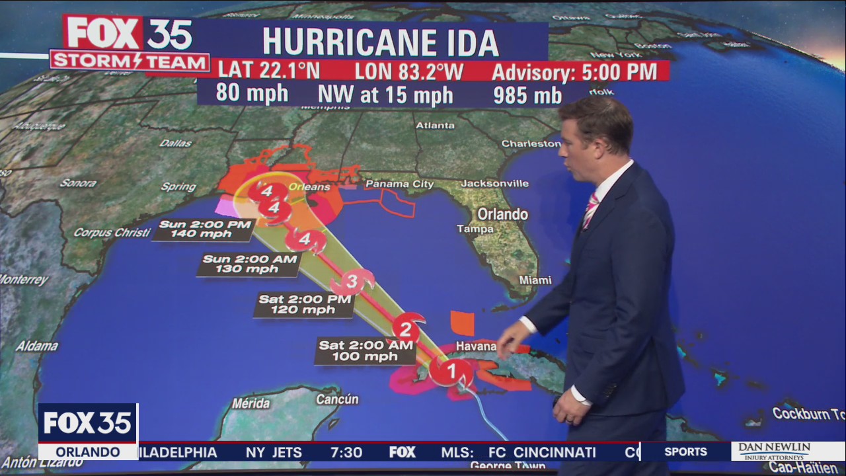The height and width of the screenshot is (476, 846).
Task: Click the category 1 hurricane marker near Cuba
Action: tap(452, 371)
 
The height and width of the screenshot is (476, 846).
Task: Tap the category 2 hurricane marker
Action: tap(406, 329)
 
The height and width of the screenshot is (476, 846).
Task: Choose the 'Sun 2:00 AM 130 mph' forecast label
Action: tap(249, 264)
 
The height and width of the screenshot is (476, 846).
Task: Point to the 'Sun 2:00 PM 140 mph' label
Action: tap(205, 229)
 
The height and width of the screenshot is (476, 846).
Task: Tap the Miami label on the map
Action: tap(535, 280)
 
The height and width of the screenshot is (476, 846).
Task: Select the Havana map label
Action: tap(476, 346)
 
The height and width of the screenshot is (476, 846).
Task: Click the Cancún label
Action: tap(337, 399)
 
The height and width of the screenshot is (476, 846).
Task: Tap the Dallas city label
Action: tap(175, 143)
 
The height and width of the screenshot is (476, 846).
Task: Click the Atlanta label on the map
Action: tap(435, 126)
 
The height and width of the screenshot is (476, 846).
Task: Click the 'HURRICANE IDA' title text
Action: tap(380, 42)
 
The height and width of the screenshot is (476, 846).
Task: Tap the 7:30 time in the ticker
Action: tap(346, 452)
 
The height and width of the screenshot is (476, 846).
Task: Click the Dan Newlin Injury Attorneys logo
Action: tap(774, 451)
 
